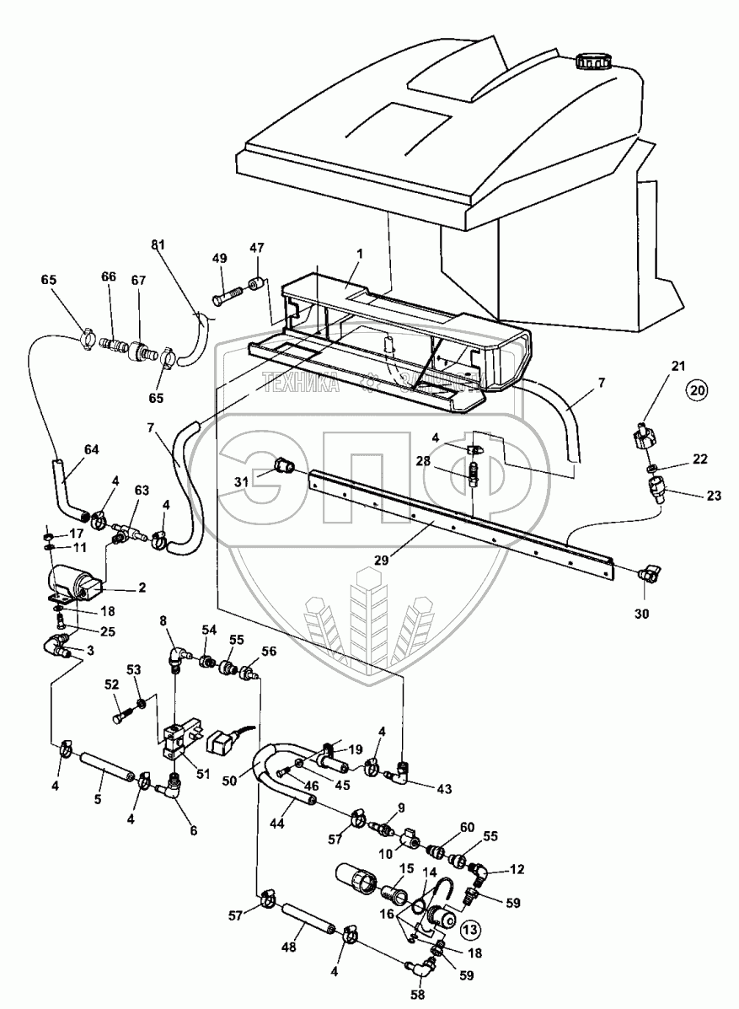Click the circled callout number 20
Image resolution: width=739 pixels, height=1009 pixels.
click(696, 389)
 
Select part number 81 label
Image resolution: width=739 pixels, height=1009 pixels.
click(158, 245)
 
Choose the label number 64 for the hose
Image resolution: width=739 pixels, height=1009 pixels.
click(91, 449)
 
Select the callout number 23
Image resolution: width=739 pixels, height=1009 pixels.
click(714, 496)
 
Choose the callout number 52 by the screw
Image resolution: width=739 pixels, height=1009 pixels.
click(112, 684)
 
